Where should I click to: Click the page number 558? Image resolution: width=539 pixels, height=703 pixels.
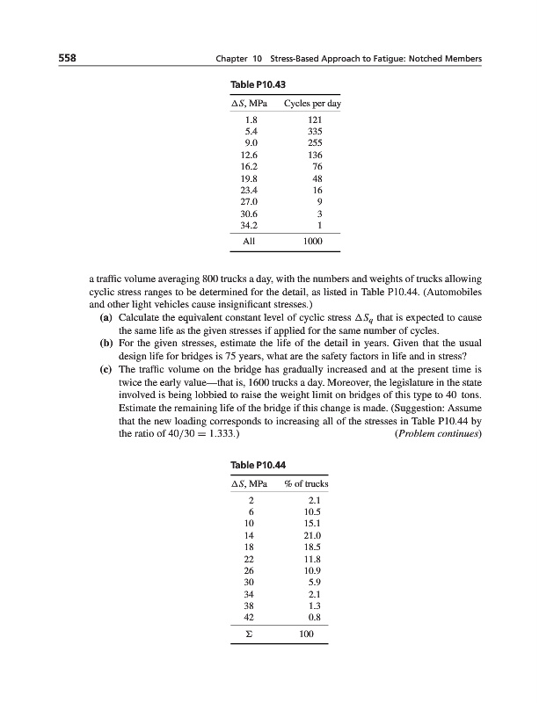(60, 59)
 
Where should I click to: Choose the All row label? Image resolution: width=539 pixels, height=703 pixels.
(251, 239)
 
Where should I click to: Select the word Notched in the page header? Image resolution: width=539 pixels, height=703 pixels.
(424, 59)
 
